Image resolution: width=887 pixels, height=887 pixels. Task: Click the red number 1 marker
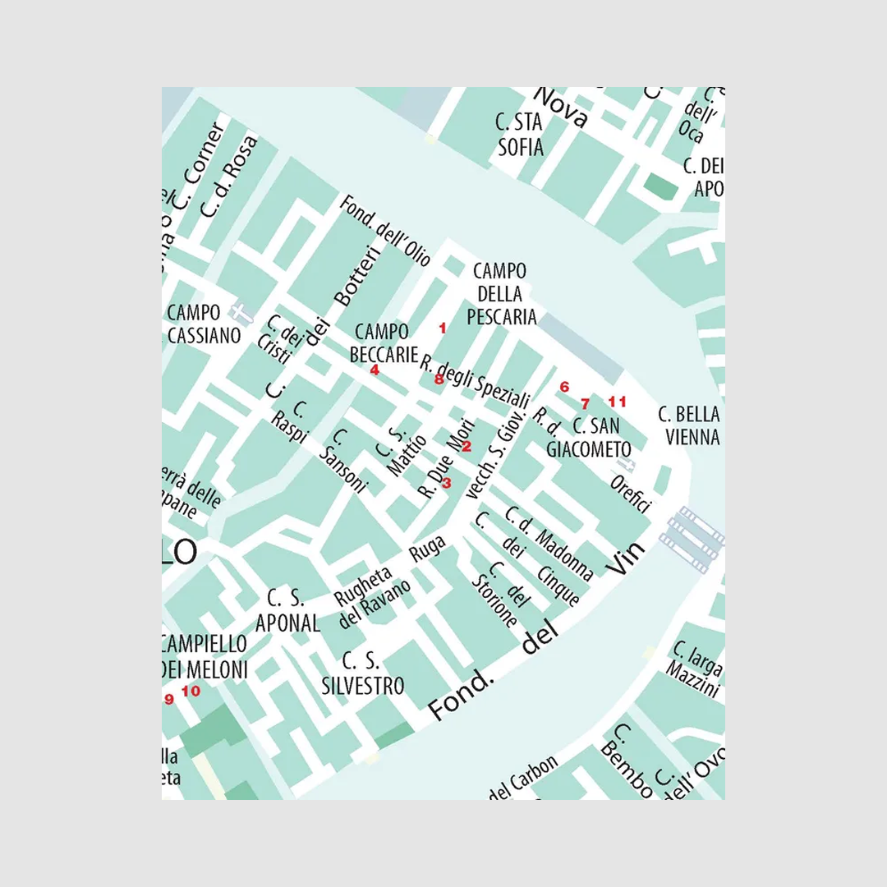pos(443,329)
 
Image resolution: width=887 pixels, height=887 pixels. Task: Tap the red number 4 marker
pos(375,370)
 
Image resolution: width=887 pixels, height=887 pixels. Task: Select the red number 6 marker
pos(564,387)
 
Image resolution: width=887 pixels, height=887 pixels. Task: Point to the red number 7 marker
pos(585,403)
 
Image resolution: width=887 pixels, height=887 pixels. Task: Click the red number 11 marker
pos(618,402)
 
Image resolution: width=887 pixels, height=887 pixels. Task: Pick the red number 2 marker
pos(466,446)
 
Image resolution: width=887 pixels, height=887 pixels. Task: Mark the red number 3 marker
pos(447,482)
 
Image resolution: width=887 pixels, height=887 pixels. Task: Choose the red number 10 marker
pos(191,691)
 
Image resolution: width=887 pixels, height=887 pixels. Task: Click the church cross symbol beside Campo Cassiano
pos(239,312)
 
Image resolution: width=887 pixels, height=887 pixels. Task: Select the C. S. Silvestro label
pos(363,673)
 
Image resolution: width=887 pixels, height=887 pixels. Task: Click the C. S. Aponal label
pos(287,611)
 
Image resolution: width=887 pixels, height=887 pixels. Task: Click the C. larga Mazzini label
pos(696,663)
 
